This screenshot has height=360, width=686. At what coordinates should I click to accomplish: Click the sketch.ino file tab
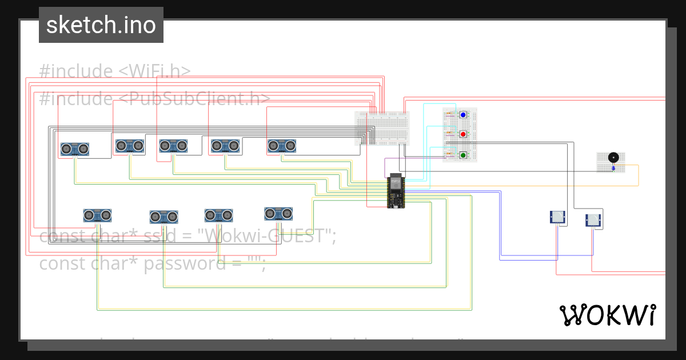(x=101, y=25)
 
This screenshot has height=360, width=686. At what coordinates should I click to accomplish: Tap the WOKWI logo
(x=607, y=315)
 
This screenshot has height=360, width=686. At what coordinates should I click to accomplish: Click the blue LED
(x=463, y=115)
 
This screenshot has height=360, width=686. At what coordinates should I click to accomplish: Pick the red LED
(x=463, y=134)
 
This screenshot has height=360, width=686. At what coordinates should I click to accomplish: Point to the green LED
(x=463, y=155)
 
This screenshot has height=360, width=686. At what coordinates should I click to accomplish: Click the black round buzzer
(x=613, y=157)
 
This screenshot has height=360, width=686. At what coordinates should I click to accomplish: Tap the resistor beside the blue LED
(x=449, y=114)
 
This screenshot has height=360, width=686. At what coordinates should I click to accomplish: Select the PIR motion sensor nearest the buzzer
(x=594, y=220)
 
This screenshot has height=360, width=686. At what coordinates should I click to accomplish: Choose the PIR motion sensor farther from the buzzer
(x=557, y=217)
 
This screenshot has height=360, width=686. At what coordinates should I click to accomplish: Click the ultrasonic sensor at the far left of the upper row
(x=75, y=149)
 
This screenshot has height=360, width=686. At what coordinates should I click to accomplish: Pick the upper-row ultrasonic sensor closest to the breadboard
(x=282, y=146)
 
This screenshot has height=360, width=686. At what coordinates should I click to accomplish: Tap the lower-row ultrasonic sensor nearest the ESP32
(x=278, y=213)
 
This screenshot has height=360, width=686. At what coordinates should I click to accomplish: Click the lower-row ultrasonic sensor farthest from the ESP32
(x=97, y=215)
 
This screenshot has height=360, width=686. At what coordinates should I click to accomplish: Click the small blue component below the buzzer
(x=613, y=168)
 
